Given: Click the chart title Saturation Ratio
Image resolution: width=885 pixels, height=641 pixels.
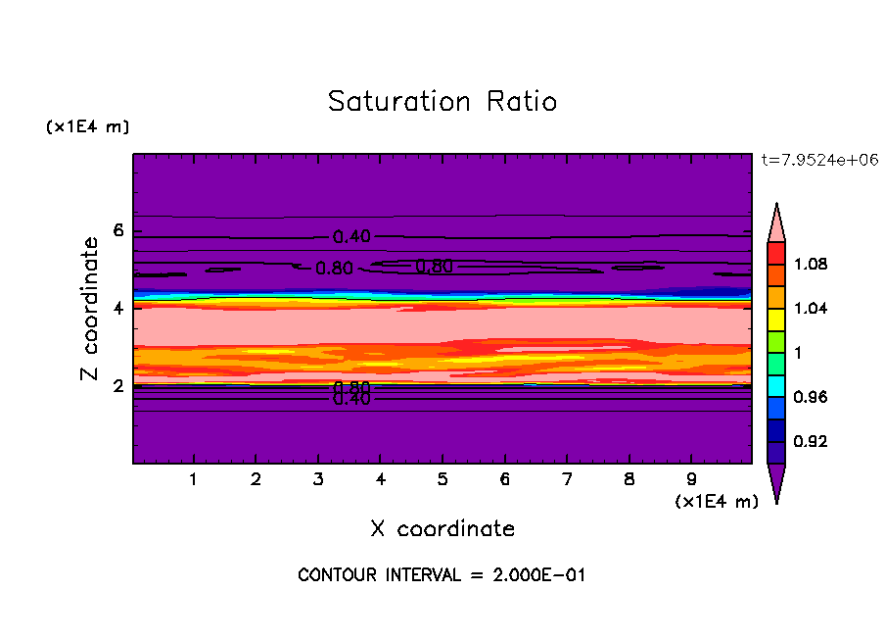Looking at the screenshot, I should tap(442, 102).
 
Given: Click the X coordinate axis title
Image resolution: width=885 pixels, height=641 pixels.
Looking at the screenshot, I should tap(442, 529).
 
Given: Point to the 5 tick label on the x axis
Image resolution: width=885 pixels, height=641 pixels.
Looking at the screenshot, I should tap(442, 480).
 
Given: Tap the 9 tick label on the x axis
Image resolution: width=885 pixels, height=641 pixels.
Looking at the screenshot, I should tap(691, 480).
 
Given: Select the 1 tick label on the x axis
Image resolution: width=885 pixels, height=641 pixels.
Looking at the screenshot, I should tap(194, 480).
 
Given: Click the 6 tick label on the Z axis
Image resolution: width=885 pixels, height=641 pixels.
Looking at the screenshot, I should tap(119, 231).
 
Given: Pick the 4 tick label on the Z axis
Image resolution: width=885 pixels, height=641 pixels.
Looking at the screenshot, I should tap(119, 309).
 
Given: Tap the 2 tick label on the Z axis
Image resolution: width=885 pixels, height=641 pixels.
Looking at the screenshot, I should tap(119, 386).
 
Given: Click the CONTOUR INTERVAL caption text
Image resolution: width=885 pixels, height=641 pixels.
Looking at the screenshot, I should tap(442, 575).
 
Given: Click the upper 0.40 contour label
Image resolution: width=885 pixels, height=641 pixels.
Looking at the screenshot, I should tap(351, 237).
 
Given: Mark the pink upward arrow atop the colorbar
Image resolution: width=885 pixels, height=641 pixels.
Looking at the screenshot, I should tap(776, 222).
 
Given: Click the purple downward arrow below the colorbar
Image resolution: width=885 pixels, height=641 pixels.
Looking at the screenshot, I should tap(776, 482).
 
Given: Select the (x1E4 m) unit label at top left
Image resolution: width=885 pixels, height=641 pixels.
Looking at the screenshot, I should tap(87, 127).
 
